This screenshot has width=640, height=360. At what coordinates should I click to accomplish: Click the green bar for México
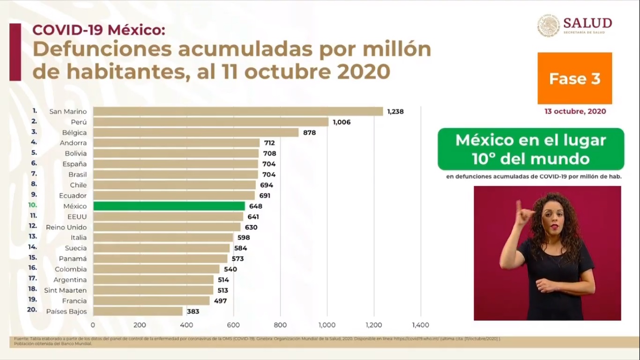(169, 206)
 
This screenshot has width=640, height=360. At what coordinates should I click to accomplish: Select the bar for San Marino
(238, 112)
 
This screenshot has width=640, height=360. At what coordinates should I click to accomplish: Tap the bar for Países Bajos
(138, 311)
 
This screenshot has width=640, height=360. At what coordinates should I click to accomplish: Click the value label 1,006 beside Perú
(342, 122)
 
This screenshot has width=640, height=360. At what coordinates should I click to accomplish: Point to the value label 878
(309, 133)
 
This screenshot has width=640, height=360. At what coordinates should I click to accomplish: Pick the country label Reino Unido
(66, 227)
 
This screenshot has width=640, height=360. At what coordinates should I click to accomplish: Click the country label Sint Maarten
(65, 290)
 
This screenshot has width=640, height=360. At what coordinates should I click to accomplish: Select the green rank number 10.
(32, 205)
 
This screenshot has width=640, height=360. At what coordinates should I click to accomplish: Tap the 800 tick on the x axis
(280, 325)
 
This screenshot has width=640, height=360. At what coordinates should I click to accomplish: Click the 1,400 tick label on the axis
(420, 325)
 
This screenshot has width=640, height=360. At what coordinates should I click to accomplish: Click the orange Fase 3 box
(574, 78)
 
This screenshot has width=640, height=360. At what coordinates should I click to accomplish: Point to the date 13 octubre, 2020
(575, 112)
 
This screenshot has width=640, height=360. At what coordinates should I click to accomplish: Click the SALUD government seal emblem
(548, 25)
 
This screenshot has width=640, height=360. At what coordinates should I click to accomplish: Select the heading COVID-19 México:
(98, 30)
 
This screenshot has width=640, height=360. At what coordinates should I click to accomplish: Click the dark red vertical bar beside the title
(15, 52)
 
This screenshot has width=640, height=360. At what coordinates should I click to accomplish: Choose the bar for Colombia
(156, 269)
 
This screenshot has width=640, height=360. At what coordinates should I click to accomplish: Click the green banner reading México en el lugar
(530, 149)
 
